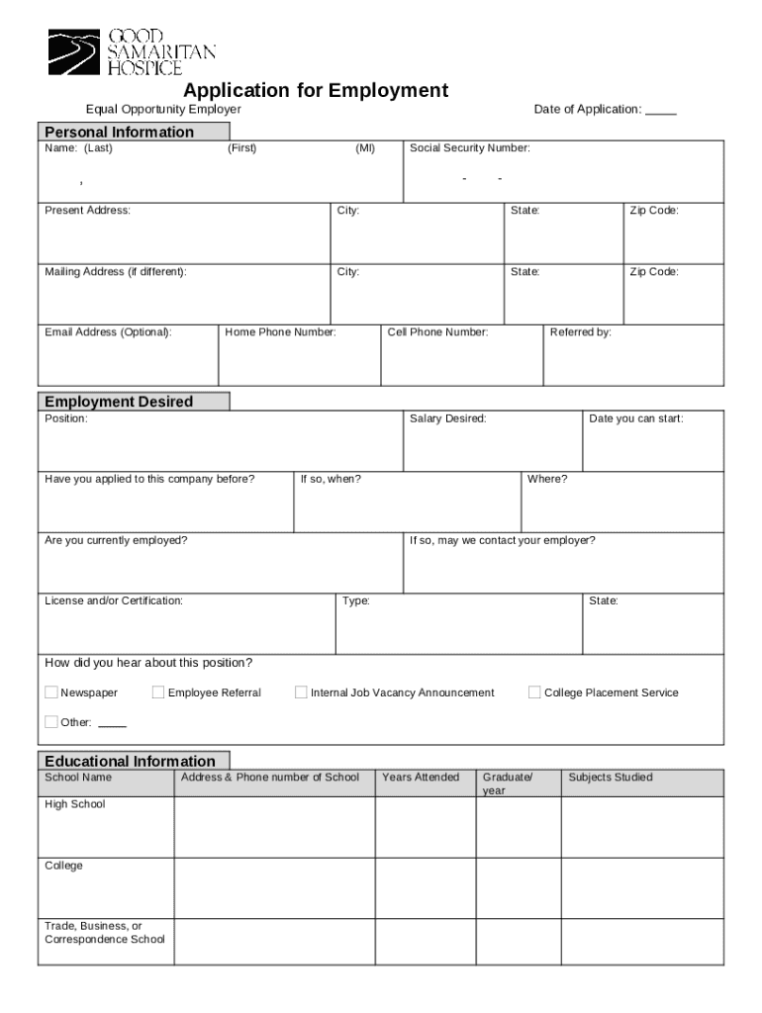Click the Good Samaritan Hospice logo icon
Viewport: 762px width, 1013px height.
(74, 52)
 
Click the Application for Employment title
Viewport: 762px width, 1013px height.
(309, 91)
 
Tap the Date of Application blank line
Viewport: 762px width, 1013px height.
(661, 111)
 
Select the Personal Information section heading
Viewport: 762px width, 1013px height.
(118, 133)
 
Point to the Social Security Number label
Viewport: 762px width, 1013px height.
(470, 148)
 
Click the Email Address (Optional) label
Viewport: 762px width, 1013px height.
(108, 332)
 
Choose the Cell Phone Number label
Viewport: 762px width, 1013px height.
(437, 332)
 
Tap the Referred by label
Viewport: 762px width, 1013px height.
(581, 332)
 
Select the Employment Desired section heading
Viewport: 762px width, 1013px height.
(118, 402)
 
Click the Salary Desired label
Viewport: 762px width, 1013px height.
(448, 419)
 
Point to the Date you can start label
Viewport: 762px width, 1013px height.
(636, 419)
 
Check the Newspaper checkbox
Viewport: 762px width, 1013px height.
(51, 692)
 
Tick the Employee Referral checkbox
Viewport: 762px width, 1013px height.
(158, 692)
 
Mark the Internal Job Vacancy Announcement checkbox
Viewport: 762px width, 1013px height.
(301, 692)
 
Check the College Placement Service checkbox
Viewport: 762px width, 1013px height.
(534, 692)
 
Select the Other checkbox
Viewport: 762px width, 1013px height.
(51, 722)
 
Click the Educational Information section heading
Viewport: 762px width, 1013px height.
(129, 762)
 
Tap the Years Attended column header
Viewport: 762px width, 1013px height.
(421, 778)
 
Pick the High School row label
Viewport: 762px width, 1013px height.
(75, 804)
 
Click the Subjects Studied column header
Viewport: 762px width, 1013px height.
(611, 778)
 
